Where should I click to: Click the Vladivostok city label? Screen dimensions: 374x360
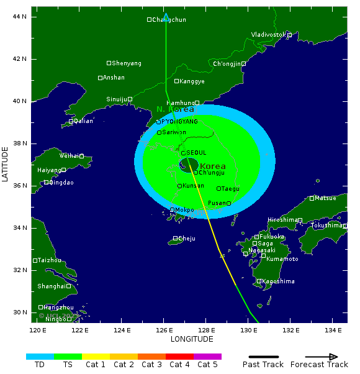point(268,35)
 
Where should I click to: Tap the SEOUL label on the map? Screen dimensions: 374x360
point(196,153)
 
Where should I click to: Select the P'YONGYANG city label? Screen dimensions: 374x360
point(179,121)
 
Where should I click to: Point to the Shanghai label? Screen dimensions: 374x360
point(51,286)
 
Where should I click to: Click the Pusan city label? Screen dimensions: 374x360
point(217,203)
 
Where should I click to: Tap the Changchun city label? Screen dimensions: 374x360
point(169,20)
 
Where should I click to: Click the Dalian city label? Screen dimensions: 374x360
point(83,121)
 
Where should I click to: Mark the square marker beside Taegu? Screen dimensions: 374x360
point(218,189)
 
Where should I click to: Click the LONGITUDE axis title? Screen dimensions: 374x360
point(192,339)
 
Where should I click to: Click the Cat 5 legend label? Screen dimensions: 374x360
point(207,365)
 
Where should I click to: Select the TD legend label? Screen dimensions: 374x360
point(40,365)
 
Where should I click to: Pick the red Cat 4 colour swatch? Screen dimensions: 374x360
point(179,357)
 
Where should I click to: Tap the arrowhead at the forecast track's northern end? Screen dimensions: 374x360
point(166,17)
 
